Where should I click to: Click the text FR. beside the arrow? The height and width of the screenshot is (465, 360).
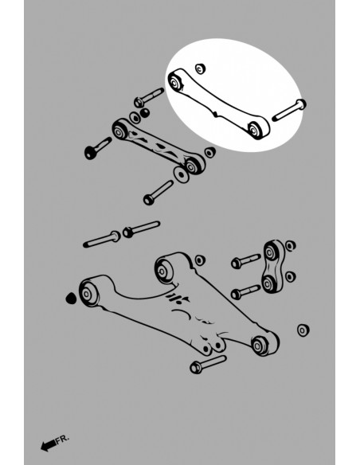coord(63,439)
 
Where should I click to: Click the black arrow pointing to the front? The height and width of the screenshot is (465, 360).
coord(48,445)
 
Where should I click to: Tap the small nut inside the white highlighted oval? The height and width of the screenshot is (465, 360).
coord(201,68)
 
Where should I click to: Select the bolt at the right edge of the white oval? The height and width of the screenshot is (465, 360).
coord(289,110)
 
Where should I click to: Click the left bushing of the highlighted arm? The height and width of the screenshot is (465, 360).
coord(174,82)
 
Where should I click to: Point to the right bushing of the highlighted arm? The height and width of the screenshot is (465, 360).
coord(254,130)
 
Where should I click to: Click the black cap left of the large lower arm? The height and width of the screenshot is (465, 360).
coord(71,299)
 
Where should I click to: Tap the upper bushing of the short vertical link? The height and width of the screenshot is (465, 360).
coord(269,252)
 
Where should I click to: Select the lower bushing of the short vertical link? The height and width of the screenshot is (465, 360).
coord(268,283)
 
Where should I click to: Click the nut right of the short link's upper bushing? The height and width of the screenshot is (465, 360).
coord(291,245)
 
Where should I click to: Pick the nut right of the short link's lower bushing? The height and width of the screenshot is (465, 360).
coord(291,276)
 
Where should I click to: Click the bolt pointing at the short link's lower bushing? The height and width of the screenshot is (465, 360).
coord(245,291)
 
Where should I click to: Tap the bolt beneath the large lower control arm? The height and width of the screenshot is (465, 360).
coord(208,364)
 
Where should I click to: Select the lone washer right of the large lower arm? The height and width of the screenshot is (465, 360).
coord(303,330)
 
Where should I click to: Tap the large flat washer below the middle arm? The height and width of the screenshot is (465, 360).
coord(181,174)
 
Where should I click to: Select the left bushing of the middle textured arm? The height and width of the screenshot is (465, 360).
coord(119,131)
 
